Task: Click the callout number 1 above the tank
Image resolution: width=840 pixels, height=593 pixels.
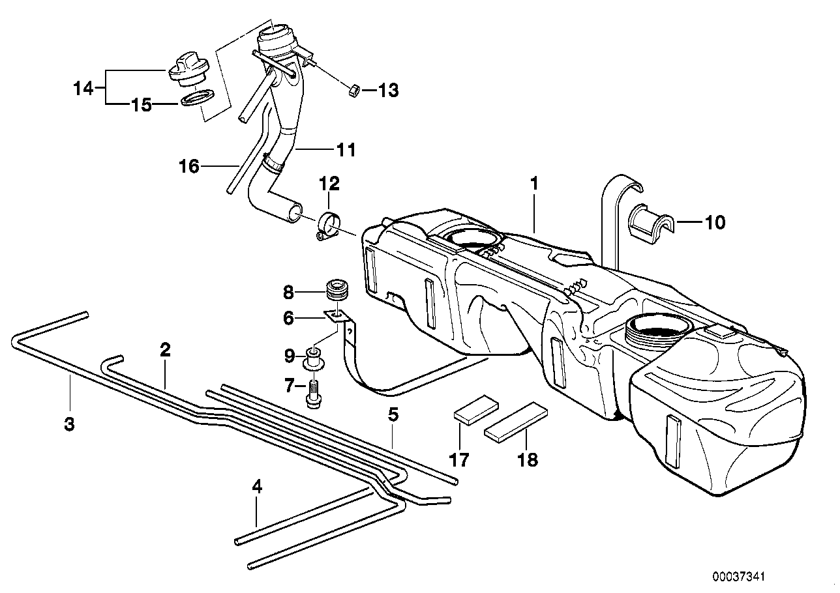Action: click(534, 184)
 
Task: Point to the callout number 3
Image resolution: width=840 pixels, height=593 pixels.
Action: click(69, 424)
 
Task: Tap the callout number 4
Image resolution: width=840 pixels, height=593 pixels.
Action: click(257, 486)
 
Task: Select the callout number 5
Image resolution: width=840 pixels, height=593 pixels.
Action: click(393, 414)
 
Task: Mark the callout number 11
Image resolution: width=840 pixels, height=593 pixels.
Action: click(346, 150)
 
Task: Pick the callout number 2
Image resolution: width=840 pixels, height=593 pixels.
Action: click(165, 350)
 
